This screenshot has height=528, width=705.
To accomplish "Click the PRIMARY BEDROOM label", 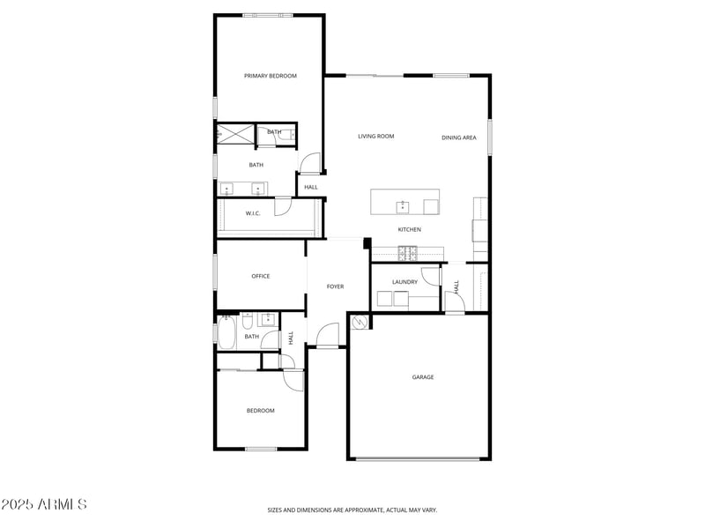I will (270, 76).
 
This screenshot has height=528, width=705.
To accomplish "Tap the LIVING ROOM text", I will (375, 137).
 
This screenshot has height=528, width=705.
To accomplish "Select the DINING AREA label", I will (459, 138).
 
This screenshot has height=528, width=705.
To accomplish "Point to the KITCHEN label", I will (409, 230).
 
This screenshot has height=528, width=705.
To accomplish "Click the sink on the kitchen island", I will (403, 206).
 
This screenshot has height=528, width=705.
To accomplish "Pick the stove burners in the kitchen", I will (408, 253).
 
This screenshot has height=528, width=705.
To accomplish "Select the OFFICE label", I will (260, 277).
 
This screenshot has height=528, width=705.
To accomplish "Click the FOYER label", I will (335, 286).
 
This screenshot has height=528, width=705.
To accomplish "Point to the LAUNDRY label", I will (404, 282).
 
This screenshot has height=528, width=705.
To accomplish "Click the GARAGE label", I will (423, 377).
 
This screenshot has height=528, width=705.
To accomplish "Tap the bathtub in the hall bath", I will (226, 333).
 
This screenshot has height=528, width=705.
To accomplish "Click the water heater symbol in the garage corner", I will (360, 324).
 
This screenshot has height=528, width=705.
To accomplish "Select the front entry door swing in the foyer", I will (328, 335).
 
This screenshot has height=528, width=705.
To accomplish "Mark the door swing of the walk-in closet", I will (282, 206).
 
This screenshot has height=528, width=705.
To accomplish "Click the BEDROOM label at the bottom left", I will (260, 411).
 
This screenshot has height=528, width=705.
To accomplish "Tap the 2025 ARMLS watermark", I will (44, 505).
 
